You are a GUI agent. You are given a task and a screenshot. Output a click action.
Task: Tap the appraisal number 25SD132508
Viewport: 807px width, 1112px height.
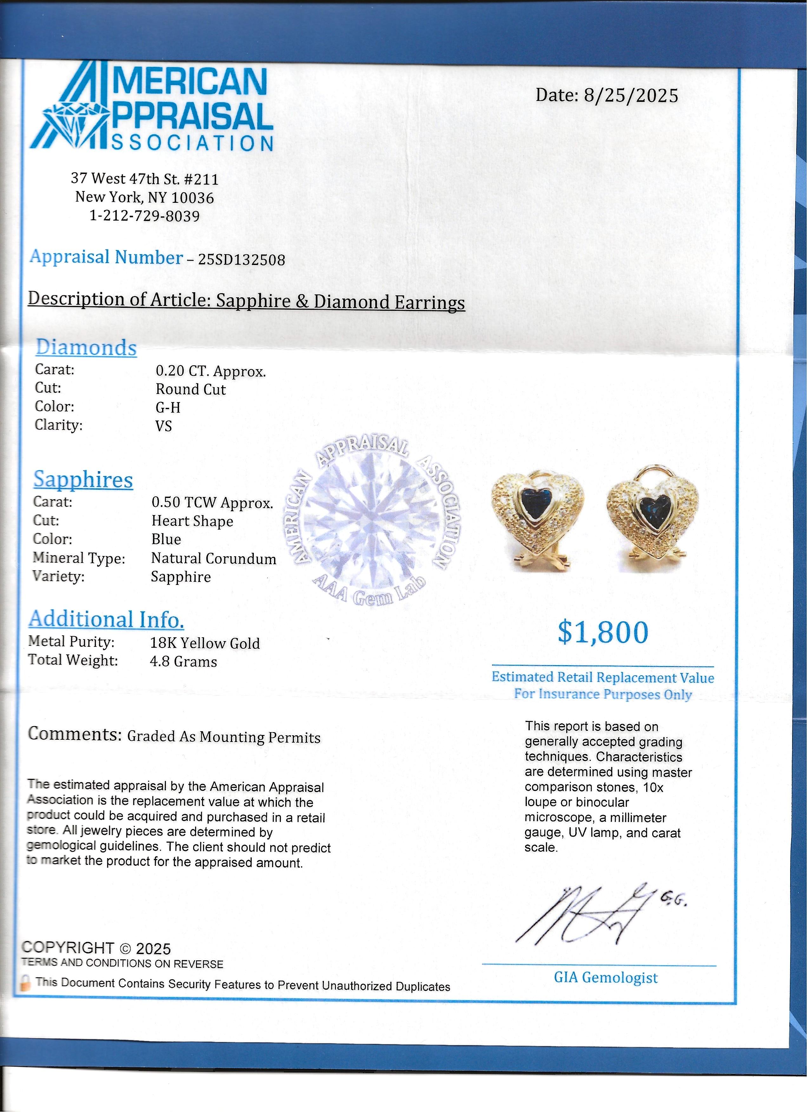coord(241,259)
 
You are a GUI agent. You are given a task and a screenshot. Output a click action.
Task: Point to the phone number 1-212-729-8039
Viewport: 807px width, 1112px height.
coord(145,216)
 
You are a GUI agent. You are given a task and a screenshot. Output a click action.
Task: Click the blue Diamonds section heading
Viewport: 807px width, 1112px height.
coord(86,347)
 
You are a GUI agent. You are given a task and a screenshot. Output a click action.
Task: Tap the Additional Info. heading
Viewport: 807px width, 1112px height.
coord(106,619)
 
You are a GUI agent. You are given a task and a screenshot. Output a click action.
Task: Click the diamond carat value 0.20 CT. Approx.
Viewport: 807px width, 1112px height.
coord(211,371)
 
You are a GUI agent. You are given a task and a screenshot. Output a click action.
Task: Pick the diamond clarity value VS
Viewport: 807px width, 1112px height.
coord(164,426)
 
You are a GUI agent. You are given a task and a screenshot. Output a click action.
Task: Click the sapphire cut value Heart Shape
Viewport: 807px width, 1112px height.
coord(192,521)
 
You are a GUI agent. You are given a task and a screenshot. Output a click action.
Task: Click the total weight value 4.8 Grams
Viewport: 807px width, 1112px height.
coord(183,661)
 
